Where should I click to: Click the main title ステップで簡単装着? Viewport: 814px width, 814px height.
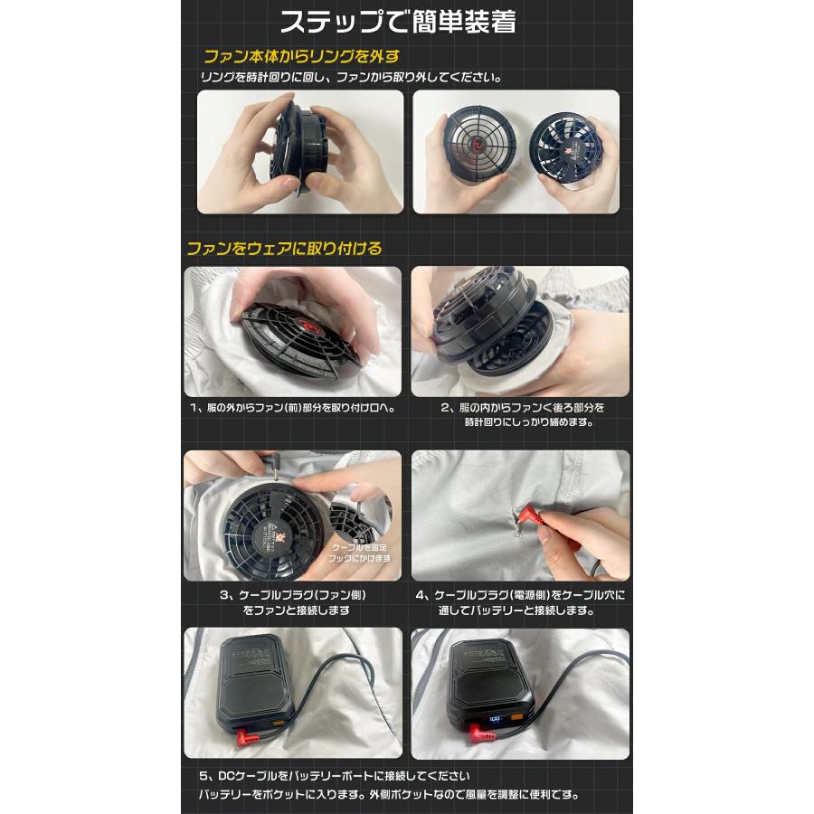pyautogui.click(x=398, y=22)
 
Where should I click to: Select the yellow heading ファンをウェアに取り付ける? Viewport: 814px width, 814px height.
pyautogui.click(x=284, y=248)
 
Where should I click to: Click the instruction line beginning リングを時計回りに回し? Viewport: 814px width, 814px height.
pyautogui.click(x=351, y=78)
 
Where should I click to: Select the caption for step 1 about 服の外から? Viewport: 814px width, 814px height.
pyautogui.click(x=294, y=408)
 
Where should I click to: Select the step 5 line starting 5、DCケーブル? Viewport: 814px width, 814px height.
pyautogui.click(x=334, y=776)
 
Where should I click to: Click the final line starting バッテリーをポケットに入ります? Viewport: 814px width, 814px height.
pyautogui.click(x=389, y=796)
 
